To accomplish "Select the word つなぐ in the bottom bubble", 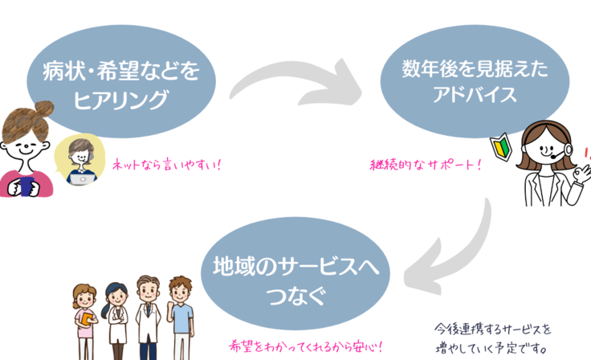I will [295, 295].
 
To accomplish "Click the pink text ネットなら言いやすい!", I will [166, 165].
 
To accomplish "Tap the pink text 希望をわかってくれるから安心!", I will [306, 348].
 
